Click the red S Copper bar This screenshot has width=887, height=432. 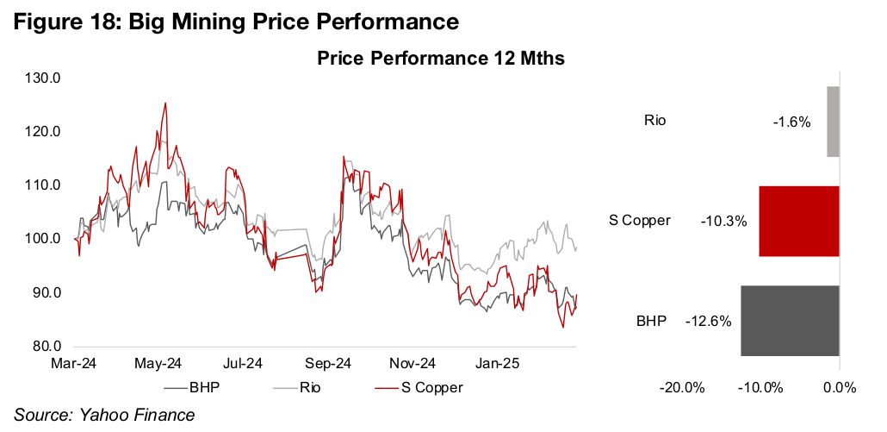point(798,221)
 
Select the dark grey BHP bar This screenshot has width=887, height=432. point(790,321)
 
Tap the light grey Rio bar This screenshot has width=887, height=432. point(833,122)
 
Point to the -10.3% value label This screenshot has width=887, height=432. point(723,222)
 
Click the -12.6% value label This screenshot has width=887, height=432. point(708,322)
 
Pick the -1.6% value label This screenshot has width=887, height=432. point(791,122)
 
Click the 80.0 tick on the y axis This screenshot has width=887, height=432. point(44,347)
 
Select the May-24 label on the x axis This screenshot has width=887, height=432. point(158,363)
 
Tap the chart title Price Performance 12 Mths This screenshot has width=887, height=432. point(440,59)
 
